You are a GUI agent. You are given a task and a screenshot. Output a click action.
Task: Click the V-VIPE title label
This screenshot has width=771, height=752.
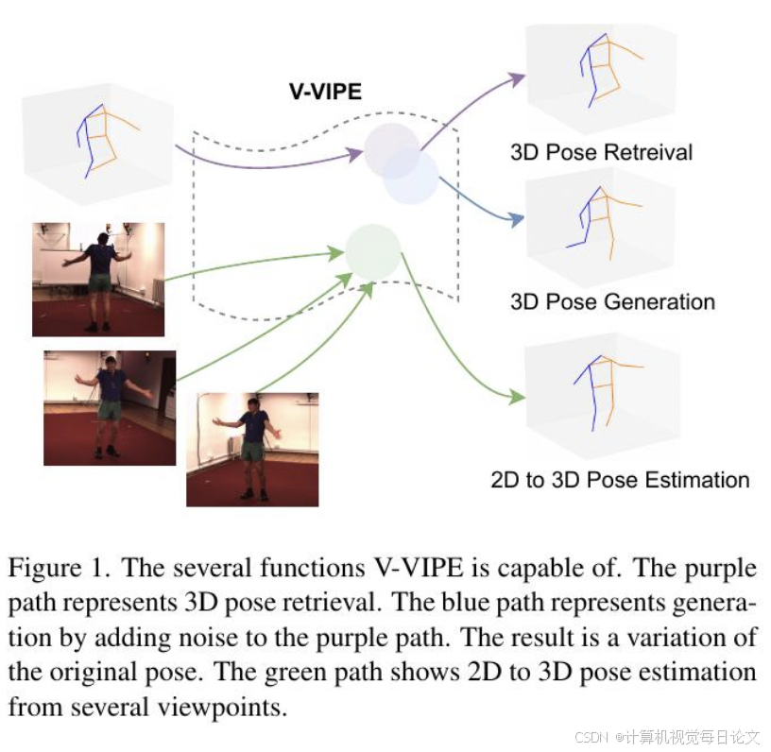(325, 92)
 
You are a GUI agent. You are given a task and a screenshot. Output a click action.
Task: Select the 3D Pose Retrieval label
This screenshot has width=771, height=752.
(601, 152)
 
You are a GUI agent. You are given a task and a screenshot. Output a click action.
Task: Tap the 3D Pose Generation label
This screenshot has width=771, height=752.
(612, 302)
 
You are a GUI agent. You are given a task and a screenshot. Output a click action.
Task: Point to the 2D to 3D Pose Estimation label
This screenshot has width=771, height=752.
(620, 479)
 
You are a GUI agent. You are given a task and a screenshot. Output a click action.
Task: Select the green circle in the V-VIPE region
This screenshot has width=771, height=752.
(373, 250)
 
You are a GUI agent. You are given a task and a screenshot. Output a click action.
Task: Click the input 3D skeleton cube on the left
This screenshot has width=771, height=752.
(97, 140)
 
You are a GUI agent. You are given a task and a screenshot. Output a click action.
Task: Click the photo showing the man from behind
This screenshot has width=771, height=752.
(98, 279)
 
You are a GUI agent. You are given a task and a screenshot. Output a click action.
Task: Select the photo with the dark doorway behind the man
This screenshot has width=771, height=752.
(110, 407)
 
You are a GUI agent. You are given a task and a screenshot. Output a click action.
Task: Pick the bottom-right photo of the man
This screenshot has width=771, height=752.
(252, 449)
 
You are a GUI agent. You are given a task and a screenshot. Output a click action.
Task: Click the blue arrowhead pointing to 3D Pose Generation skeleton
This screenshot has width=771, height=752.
(518, 220)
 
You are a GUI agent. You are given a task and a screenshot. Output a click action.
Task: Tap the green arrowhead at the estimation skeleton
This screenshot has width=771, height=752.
(518, 397)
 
